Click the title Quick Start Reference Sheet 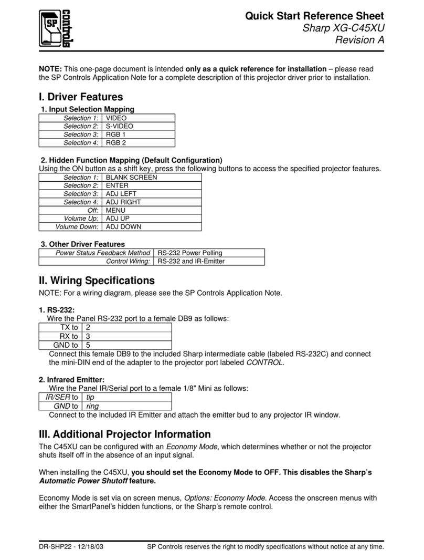pos(314,16)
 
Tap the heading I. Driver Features pos(81,97)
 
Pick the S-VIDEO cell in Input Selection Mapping pos(120,126)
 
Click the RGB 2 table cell pos(116,142)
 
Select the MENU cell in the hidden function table pos(115,210)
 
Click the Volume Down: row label pos(77,226)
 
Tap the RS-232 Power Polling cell pos(189,253)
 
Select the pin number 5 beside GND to pos(88,345)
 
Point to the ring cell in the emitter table pos(92,406)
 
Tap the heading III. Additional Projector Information pos(125,434)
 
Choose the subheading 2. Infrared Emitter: pos(72,379)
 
